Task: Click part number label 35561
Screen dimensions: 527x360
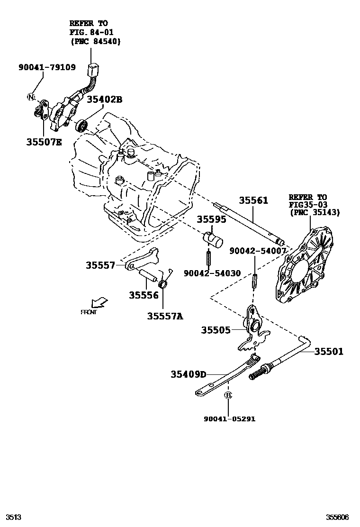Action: coord(253,201)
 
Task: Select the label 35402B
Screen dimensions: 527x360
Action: coord(104,99)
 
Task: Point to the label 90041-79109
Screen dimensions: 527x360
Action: coord(47,67)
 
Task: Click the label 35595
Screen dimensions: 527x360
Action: coord(212,219)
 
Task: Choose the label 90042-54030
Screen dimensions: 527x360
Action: coord(212,273)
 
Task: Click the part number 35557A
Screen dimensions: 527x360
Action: coord(164,316)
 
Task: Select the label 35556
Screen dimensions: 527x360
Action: coord(144,295)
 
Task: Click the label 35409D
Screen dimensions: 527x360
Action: coord(189,374)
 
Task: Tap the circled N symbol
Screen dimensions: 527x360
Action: coord(31,98)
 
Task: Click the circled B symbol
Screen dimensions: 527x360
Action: coord(227,395)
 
